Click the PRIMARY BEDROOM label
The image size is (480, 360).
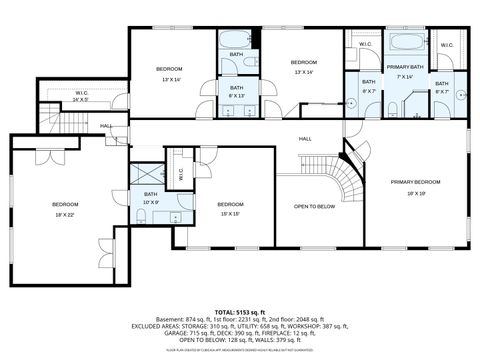tap(415, 181)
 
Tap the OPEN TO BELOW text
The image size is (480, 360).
tap(313, 206)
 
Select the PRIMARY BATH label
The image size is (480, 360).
tap(405, 66)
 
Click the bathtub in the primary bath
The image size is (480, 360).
tap(405, 43)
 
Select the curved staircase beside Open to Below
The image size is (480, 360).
tap(345, 181)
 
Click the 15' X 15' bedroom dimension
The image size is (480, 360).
tap(230, 213)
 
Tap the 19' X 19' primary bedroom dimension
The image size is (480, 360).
tap(415, 192)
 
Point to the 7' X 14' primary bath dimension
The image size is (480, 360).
tap(405, 76)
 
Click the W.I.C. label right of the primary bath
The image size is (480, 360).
tap(446, 45)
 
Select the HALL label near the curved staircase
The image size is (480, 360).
tap(306, 138)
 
